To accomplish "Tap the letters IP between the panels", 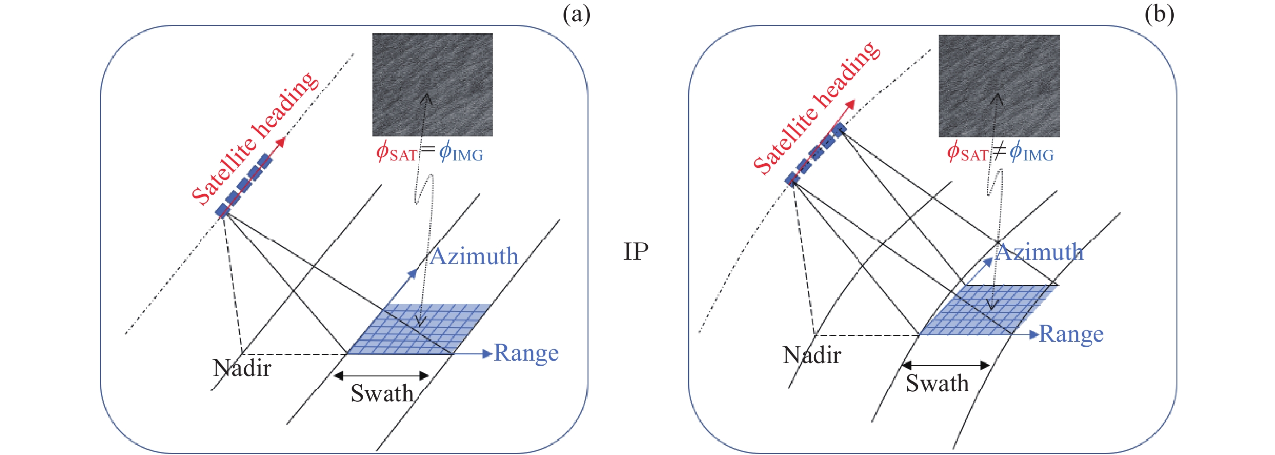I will click(636, 252).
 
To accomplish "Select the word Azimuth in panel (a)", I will click(474, 256).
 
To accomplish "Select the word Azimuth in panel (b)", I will click(1040, 252).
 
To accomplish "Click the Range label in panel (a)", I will click(526, 353).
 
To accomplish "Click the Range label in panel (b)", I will click(1071, 334).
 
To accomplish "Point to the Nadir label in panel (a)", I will click(242, 368).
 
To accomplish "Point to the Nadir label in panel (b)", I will click(812, 355).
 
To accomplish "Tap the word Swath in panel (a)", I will click(382, 394).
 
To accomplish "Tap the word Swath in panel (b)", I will click(937, 383).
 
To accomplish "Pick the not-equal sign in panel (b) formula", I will click(999, 150).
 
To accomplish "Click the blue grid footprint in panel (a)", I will click(419, 329).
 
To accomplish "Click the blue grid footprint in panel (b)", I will click(987, 311).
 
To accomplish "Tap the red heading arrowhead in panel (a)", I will click(282, 142).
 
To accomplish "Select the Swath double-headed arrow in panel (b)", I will click(945, 365).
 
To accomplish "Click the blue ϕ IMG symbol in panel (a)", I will click(461, 152).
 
